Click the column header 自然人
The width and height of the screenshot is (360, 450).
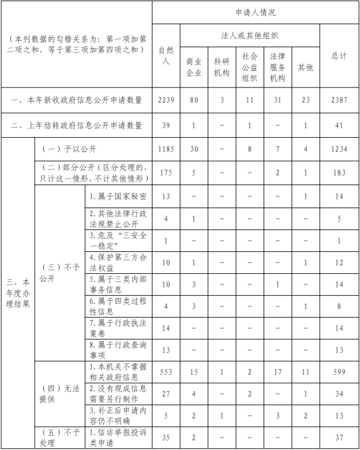click(x=166, y=56)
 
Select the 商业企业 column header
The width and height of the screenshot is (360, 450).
click(x=193, y=67)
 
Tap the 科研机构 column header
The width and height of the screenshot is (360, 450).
click(x=222, y=67)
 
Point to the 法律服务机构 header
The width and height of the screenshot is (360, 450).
click(x=277, y=67)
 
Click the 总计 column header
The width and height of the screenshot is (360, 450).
click(x=339, y=56)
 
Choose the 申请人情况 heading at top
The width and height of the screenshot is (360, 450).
click(x=255, y=12)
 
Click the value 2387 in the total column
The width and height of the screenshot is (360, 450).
click(x=339, y=101)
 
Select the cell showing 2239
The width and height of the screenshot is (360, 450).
click(x=166, y=101)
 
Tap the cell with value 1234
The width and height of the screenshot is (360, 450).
click(x=339, y=150)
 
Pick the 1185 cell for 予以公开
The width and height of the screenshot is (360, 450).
click(x=166, y=150)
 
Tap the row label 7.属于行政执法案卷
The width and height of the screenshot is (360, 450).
click(x=118, y=328)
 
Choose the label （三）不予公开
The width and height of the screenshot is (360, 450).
click(x=59, y=273)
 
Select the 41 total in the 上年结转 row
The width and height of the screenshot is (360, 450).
click(x=339, y=125)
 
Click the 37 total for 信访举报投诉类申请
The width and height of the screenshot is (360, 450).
click(x=339, y=438)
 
